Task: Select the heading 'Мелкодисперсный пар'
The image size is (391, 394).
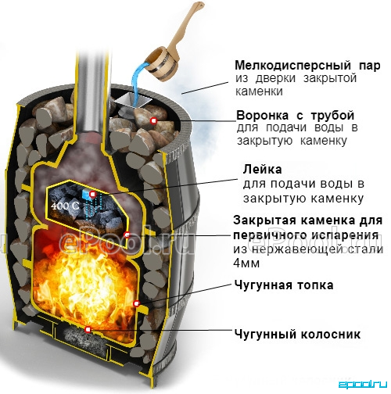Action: click(x=307, y=66)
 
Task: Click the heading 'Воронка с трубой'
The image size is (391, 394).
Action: click(x=296, y=116)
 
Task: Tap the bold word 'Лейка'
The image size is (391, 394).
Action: click(x=262, y=170)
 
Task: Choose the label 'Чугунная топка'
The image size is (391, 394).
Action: click(x=284, y=285)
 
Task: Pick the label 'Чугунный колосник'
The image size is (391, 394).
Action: click(x=297, y=334)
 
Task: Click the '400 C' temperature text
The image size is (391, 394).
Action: click(x=65, y=206)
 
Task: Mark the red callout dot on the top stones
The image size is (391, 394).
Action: click(x=153, y=120)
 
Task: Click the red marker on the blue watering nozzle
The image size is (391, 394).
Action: click(x=92, y=194)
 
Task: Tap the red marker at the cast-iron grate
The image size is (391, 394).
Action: click(x=88, y=329)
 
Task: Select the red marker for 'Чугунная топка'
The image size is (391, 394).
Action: click(x=136, y=303)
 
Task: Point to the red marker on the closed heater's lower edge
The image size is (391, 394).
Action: click(x=127, y=235)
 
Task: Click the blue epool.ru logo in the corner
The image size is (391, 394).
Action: click(x=363, y=384)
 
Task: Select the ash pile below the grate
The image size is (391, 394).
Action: click(x=84, y=338)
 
